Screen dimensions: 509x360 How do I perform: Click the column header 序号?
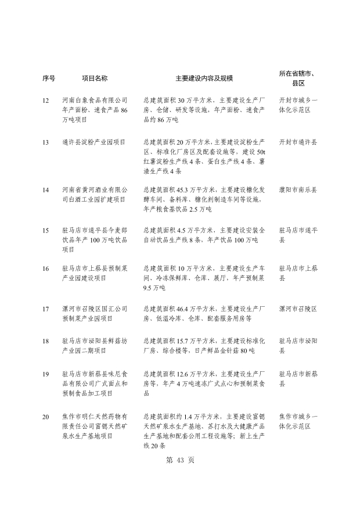pyautogui.click(x=49, y=78)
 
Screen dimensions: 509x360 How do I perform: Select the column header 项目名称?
pyautogui.click(x=94, y=78)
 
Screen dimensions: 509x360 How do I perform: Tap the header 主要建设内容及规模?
pyautogui.click(x=203, y=78)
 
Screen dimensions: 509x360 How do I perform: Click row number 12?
pyautogui.click(x=46, y=101)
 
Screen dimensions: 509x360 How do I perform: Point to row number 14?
pyautogui.click(x=46, y=190)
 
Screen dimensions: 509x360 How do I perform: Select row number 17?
pyautogui.click(x=46, y=309)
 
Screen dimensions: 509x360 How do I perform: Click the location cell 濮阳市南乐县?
pyautogui.click(x=298, y=190)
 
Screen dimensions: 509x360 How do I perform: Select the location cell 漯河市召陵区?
pyautogui.click(x=298, y=309)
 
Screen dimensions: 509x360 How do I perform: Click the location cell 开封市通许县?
pyautogui.click(x=298, y=142)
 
